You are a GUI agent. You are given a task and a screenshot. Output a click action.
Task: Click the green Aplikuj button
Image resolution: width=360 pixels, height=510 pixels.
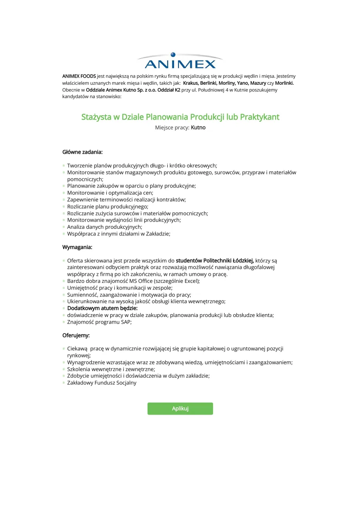coord(180,408)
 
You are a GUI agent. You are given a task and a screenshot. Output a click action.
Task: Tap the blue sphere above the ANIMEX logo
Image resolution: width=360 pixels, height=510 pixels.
coord(173,55)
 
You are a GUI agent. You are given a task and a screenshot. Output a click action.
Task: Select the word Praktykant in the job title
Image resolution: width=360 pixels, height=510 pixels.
coord(260,117)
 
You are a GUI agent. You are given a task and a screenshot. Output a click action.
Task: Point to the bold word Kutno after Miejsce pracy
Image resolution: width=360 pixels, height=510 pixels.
coord(198,127)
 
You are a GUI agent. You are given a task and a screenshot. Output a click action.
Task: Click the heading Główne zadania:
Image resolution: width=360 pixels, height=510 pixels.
coord(82,152)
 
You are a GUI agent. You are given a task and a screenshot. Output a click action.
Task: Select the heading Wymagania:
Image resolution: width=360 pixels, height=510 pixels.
coord(77,247)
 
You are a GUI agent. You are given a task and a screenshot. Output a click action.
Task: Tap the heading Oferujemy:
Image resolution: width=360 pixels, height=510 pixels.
coord(76,335)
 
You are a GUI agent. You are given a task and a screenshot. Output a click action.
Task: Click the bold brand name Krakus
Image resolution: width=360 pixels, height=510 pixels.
coord(190,83)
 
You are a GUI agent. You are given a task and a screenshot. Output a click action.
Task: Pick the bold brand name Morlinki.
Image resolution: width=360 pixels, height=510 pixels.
coord(284,83)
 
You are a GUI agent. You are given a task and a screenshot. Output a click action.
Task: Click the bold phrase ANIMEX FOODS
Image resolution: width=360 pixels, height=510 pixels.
coord(79,76)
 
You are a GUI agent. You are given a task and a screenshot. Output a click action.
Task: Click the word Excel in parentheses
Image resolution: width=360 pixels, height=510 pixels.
coord(190,281)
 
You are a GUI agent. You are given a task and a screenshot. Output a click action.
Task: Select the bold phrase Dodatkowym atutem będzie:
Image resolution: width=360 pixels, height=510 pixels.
coord(102,308)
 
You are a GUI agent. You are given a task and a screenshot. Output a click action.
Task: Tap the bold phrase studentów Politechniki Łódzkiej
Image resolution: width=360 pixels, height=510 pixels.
coord(215,260)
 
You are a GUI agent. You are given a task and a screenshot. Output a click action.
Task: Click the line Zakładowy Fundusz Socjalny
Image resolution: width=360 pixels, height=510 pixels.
coord(102,383)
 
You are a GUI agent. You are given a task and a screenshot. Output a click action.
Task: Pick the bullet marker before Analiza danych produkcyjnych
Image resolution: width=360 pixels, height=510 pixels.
coord(64,227)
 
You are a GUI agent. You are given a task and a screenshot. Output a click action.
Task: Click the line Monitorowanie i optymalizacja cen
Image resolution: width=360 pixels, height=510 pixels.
coord(110,193)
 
